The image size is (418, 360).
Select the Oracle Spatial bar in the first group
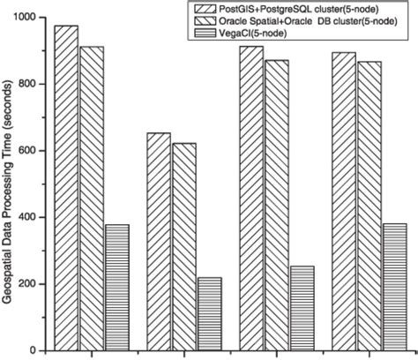click(x=92, y=199)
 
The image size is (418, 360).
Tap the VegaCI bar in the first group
click(x=117, y=288)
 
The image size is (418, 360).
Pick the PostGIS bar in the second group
click(x=159, y=242)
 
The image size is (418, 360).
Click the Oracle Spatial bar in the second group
click(x=184, y=247)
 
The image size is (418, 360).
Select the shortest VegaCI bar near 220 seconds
click(x=210, y=314)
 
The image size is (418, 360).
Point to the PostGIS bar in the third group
click(x=251, y=199)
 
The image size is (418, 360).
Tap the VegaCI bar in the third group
click(x=302, y=308)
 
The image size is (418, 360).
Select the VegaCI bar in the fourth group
click(x=395, y=288)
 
